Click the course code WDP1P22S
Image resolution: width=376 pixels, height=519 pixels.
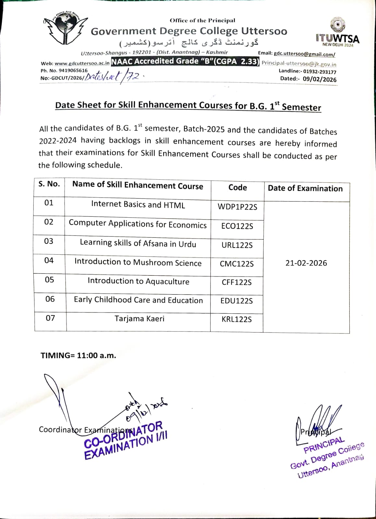coord(237,207)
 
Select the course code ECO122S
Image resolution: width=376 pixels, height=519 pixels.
coord(237,226)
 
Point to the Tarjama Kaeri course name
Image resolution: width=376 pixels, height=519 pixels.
coord(139,319)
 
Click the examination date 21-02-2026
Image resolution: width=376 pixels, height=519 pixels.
coord(306,263)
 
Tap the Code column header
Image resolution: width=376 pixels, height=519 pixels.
coord(237,187)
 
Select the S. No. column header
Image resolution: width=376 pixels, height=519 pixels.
coord(49,184)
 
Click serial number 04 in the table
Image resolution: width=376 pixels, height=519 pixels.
coord(49,260)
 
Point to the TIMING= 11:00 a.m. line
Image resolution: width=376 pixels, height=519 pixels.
coord(78,355)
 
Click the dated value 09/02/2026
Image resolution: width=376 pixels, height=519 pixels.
coord(320,79)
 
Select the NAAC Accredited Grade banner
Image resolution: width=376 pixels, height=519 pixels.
coord(185,61)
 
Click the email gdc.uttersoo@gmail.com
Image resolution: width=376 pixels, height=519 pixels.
coord(304,54)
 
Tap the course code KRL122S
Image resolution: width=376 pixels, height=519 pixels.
coord(237,319)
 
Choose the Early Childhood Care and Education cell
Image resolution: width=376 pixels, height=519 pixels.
coord(139,300)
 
